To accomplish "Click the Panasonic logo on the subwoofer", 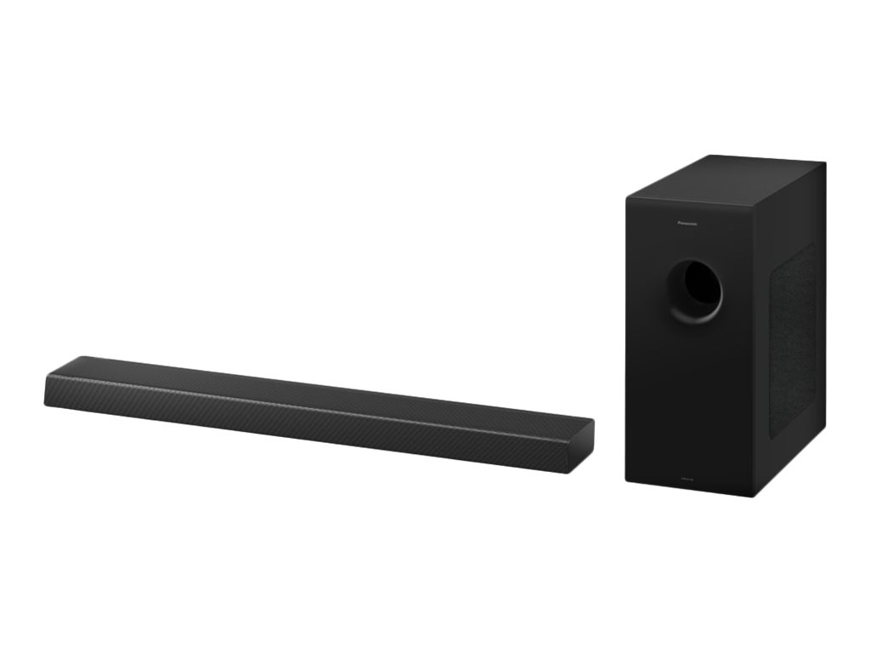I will [692, 224].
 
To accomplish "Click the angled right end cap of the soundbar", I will [585, 434].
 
